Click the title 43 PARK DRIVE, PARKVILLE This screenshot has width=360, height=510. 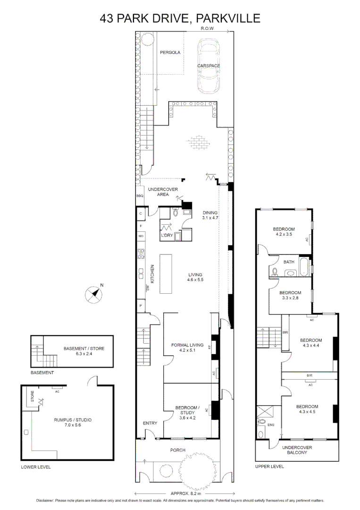(x=180, y=18)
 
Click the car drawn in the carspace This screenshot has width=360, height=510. (x=209, y=66)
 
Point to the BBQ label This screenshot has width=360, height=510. (x=140, y=196)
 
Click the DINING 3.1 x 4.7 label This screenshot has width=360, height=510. (x=210, y=215)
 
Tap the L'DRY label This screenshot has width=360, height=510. (x=167, y=236)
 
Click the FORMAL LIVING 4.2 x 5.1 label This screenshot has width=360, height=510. (x=187, y=348)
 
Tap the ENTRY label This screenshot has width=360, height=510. (x=150, y=423)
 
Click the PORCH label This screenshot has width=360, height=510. (x=178, y=450)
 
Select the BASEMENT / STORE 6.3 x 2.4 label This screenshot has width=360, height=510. (x=84, y=351)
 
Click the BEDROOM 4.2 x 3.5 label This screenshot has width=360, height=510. (x=284, y=232)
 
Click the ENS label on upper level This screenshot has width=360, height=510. (x=270, y=425)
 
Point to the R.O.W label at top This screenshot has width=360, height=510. (x=207, y=29)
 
